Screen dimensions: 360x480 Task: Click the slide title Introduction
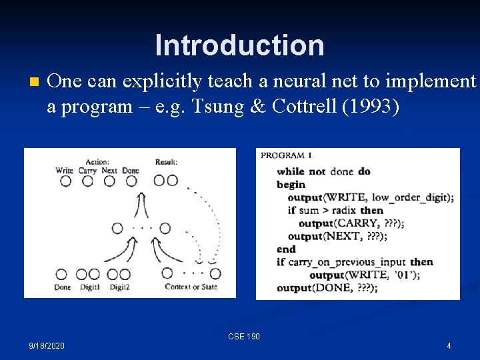(239, 45)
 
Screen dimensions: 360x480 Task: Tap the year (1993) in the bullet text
(371, 107)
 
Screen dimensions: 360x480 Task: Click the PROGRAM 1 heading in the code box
(287, 155)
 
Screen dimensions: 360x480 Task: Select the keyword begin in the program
(291, 185)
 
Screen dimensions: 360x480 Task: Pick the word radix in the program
(342, 211)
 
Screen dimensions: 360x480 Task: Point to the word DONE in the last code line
(341, 288)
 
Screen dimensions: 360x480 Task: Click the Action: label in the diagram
(97, 161)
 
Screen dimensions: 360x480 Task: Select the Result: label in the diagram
(166, 161)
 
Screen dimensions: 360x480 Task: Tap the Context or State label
(191, 287)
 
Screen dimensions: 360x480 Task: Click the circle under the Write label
(65, 181)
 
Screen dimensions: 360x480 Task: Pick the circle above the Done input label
(61, 274)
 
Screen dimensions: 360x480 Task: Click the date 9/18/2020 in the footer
(47, 346)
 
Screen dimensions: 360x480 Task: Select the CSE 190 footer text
(243, 337)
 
